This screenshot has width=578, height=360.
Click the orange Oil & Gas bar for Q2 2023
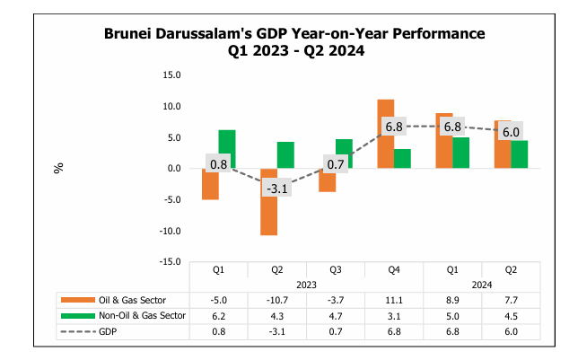click(x=268, y=202)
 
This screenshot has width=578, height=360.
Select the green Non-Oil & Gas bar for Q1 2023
click(x=227, y=149)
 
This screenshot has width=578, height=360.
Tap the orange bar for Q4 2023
click(x=385, y=134)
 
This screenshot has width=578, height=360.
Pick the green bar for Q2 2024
click(x=519, y=154)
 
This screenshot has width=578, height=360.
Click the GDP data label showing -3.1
click(x=276, y=188)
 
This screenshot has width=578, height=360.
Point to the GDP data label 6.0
click(x=511, y=131)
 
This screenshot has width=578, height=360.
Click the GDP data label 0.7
click(x=336, y=164)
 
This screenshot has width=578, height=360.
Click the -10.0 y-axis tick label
click(x=170, y=231)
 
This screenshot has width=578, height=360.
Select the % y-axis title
click(x=59, y=168)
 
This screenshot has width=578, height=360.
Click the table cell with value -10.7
click(x=277, y=299)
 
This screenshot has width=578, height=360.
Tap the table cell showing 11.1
click(x=394, y=299)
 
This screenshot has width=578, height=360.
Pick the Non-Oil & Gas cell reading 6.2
click(x=219, y=315)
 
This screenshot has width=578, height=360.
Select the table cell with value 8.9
click(x=452, y=299)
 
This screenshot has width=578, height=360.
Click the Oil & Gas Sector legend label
click(x=132, y=299)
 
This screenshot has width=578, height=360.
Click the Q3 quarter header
click(x=336, y=268)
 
